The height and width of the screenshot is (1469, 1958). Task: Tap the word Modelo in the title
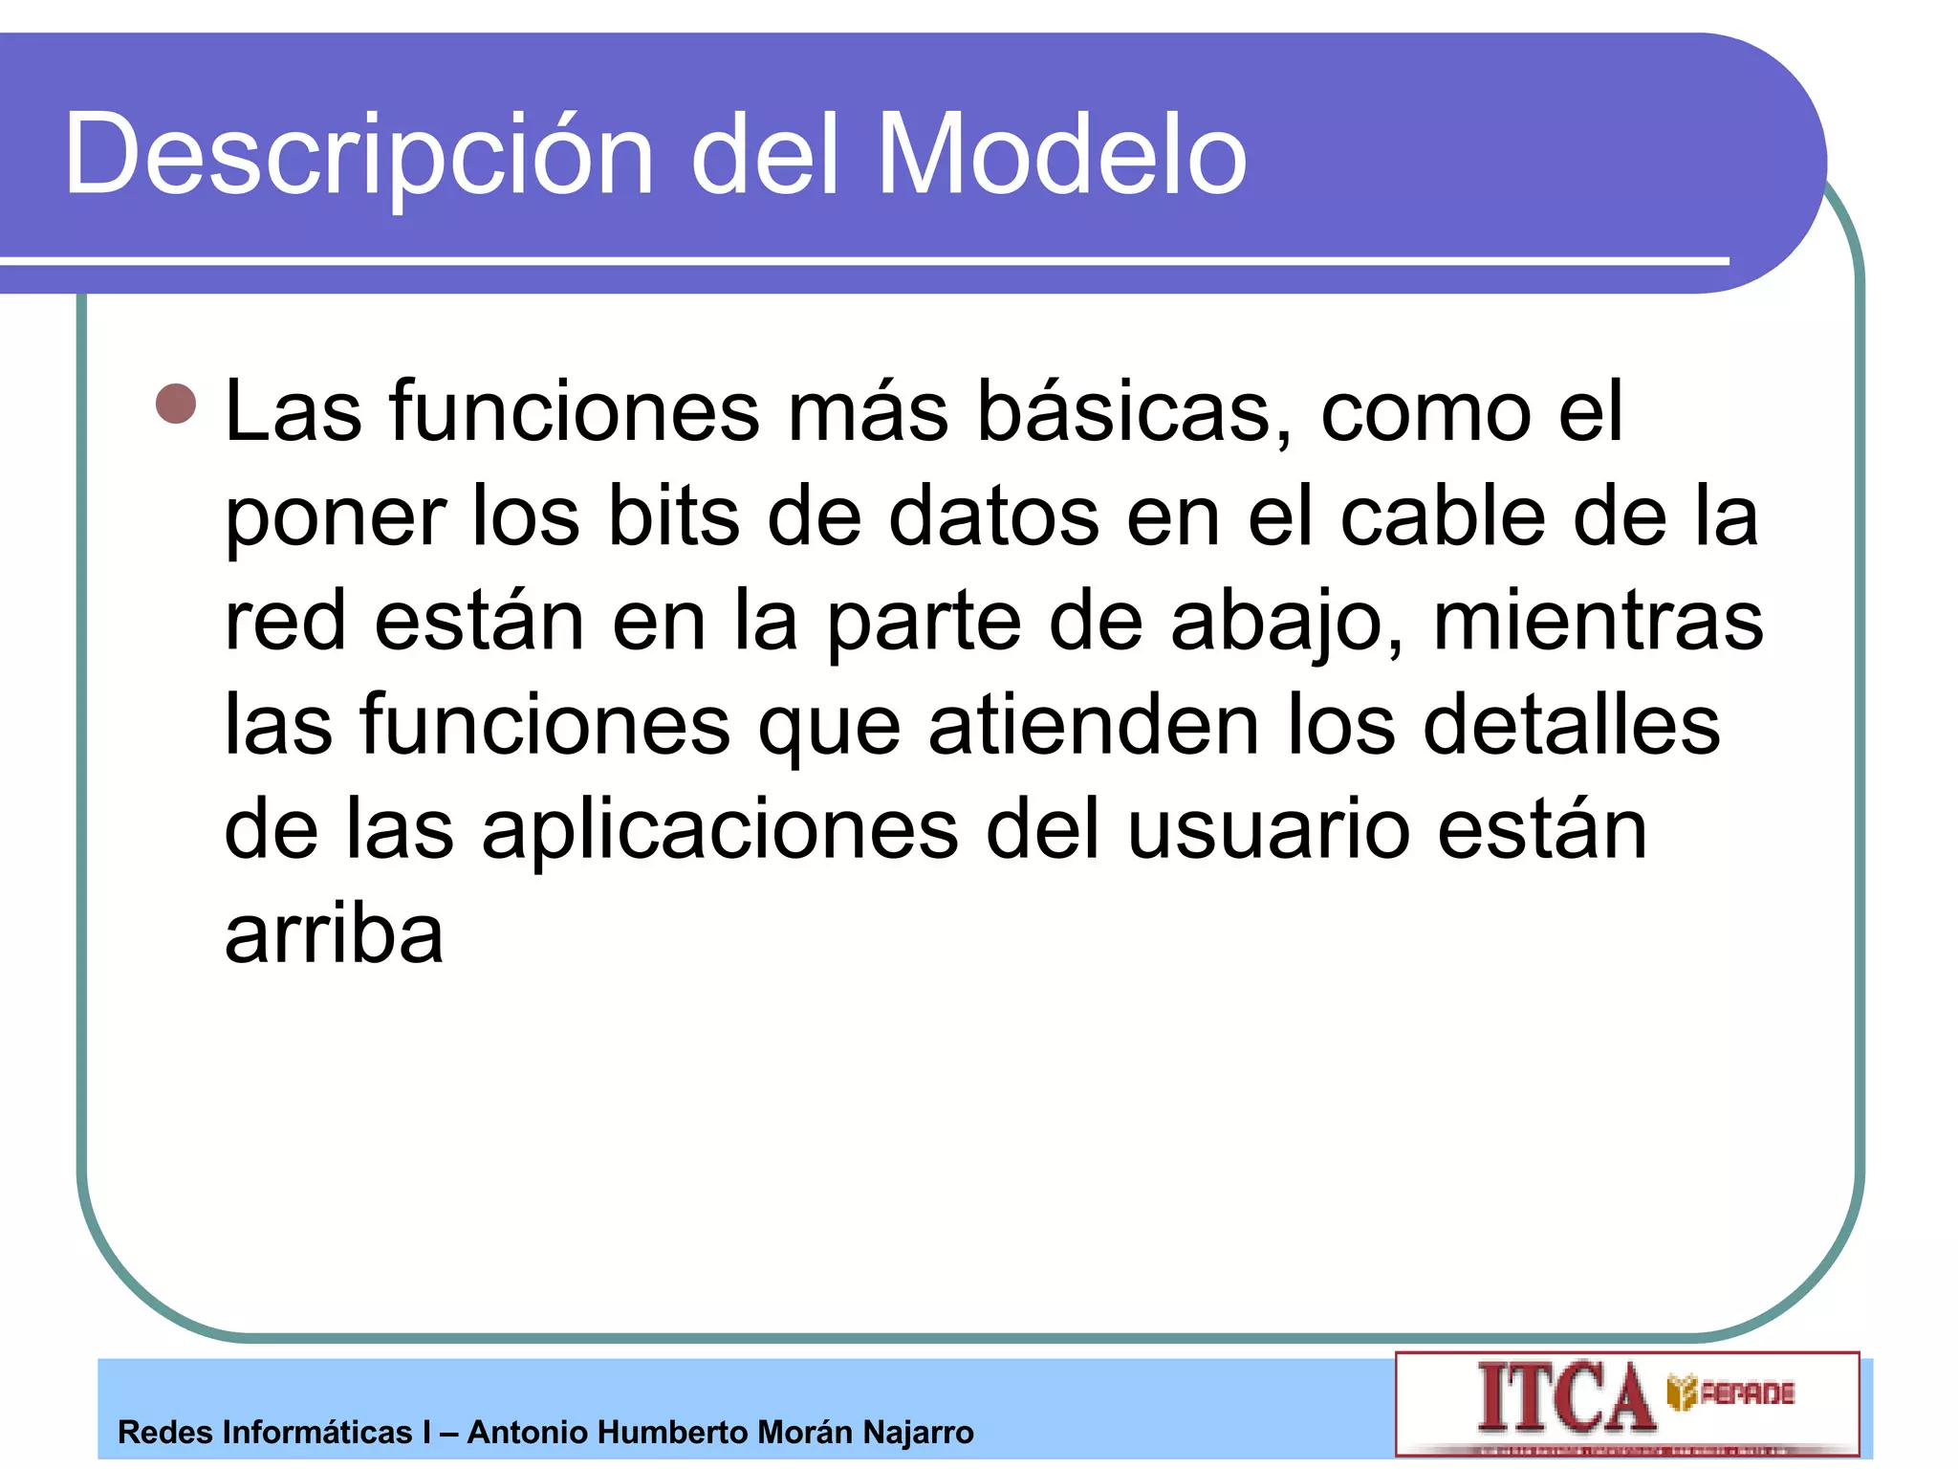1061,154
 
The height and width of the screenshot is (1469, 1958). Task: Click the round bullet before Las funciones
176,404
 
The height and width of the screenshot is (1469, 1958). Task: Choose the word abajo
1287,622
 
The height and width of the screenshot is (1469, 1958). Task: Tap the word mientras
1598,622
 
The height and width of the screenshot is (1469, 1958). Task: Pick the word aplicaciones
719,830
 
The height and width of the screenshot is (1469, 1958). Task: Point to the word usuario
1268,830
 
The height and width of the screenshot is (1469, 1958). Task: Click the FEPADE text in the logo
1746,1393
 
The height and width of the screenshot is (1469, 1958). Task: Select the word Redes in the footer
164,1433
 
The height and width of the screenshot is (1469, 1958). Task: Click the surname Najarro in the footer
918,1433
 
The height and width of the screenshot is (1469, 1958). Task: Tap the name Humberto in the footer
671,1433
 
